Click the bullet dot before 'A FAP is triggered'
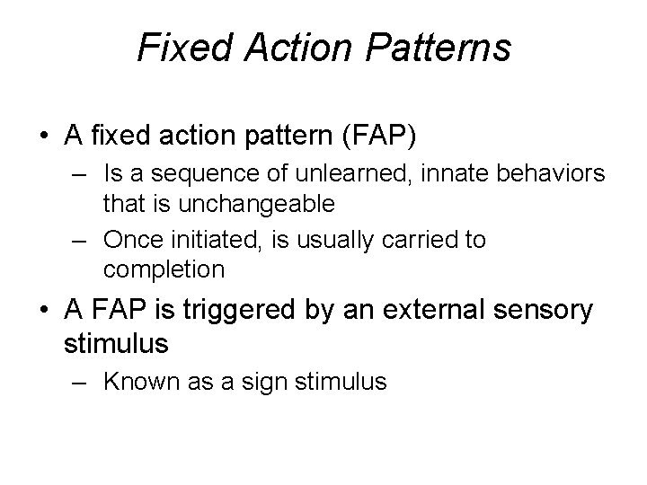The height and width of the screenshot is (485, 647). [x=43, y=312]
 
